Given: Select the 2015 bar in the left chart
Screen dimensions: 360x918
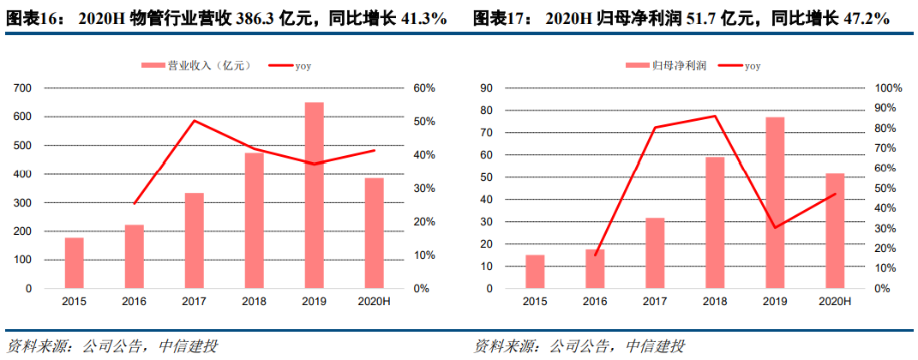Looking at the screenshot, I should (74, 262).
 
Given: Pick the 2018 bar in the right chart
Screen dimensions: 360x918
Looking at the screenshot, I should (714, 222).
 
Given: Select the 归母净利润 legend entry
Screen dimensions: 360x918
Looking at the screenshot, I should (669, 66).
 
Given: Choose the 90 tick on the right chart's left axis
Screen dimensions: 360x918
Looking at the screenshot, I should (486, 88).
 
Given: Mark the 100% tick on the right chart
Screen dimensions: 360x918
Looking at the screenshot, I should (885, 88).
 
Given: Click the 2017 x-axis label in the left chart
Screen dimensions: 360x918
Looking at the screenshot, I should (195, 301).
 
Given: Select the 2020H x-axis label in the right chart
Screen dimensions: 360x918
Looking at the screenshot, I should (834, 301).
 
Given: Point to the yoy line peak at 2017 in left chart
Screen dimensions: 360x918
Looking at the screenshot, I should (195, 120).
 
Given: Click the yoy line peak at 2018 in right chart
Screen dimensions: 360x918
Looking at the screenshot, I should (714, 116).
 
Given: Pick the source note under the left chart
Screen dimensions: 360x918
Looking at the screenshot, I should (111, 346).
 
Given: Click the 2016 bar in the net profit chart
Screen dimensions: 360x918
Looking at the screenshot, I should (594, 268).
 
